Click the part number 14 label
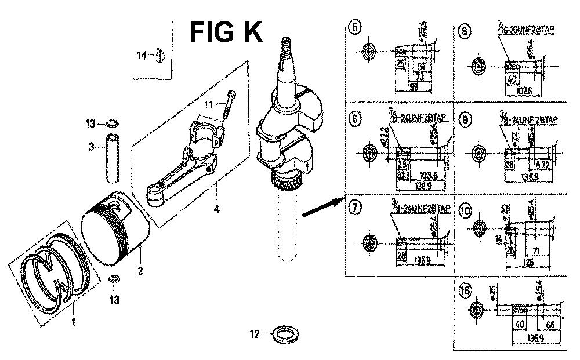(142, 56)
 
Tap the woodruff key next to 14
(161, 56)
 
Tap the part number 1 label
(73, 323)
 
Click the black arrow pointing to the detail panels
(322, 206)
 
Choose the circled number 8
(464, 32)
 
